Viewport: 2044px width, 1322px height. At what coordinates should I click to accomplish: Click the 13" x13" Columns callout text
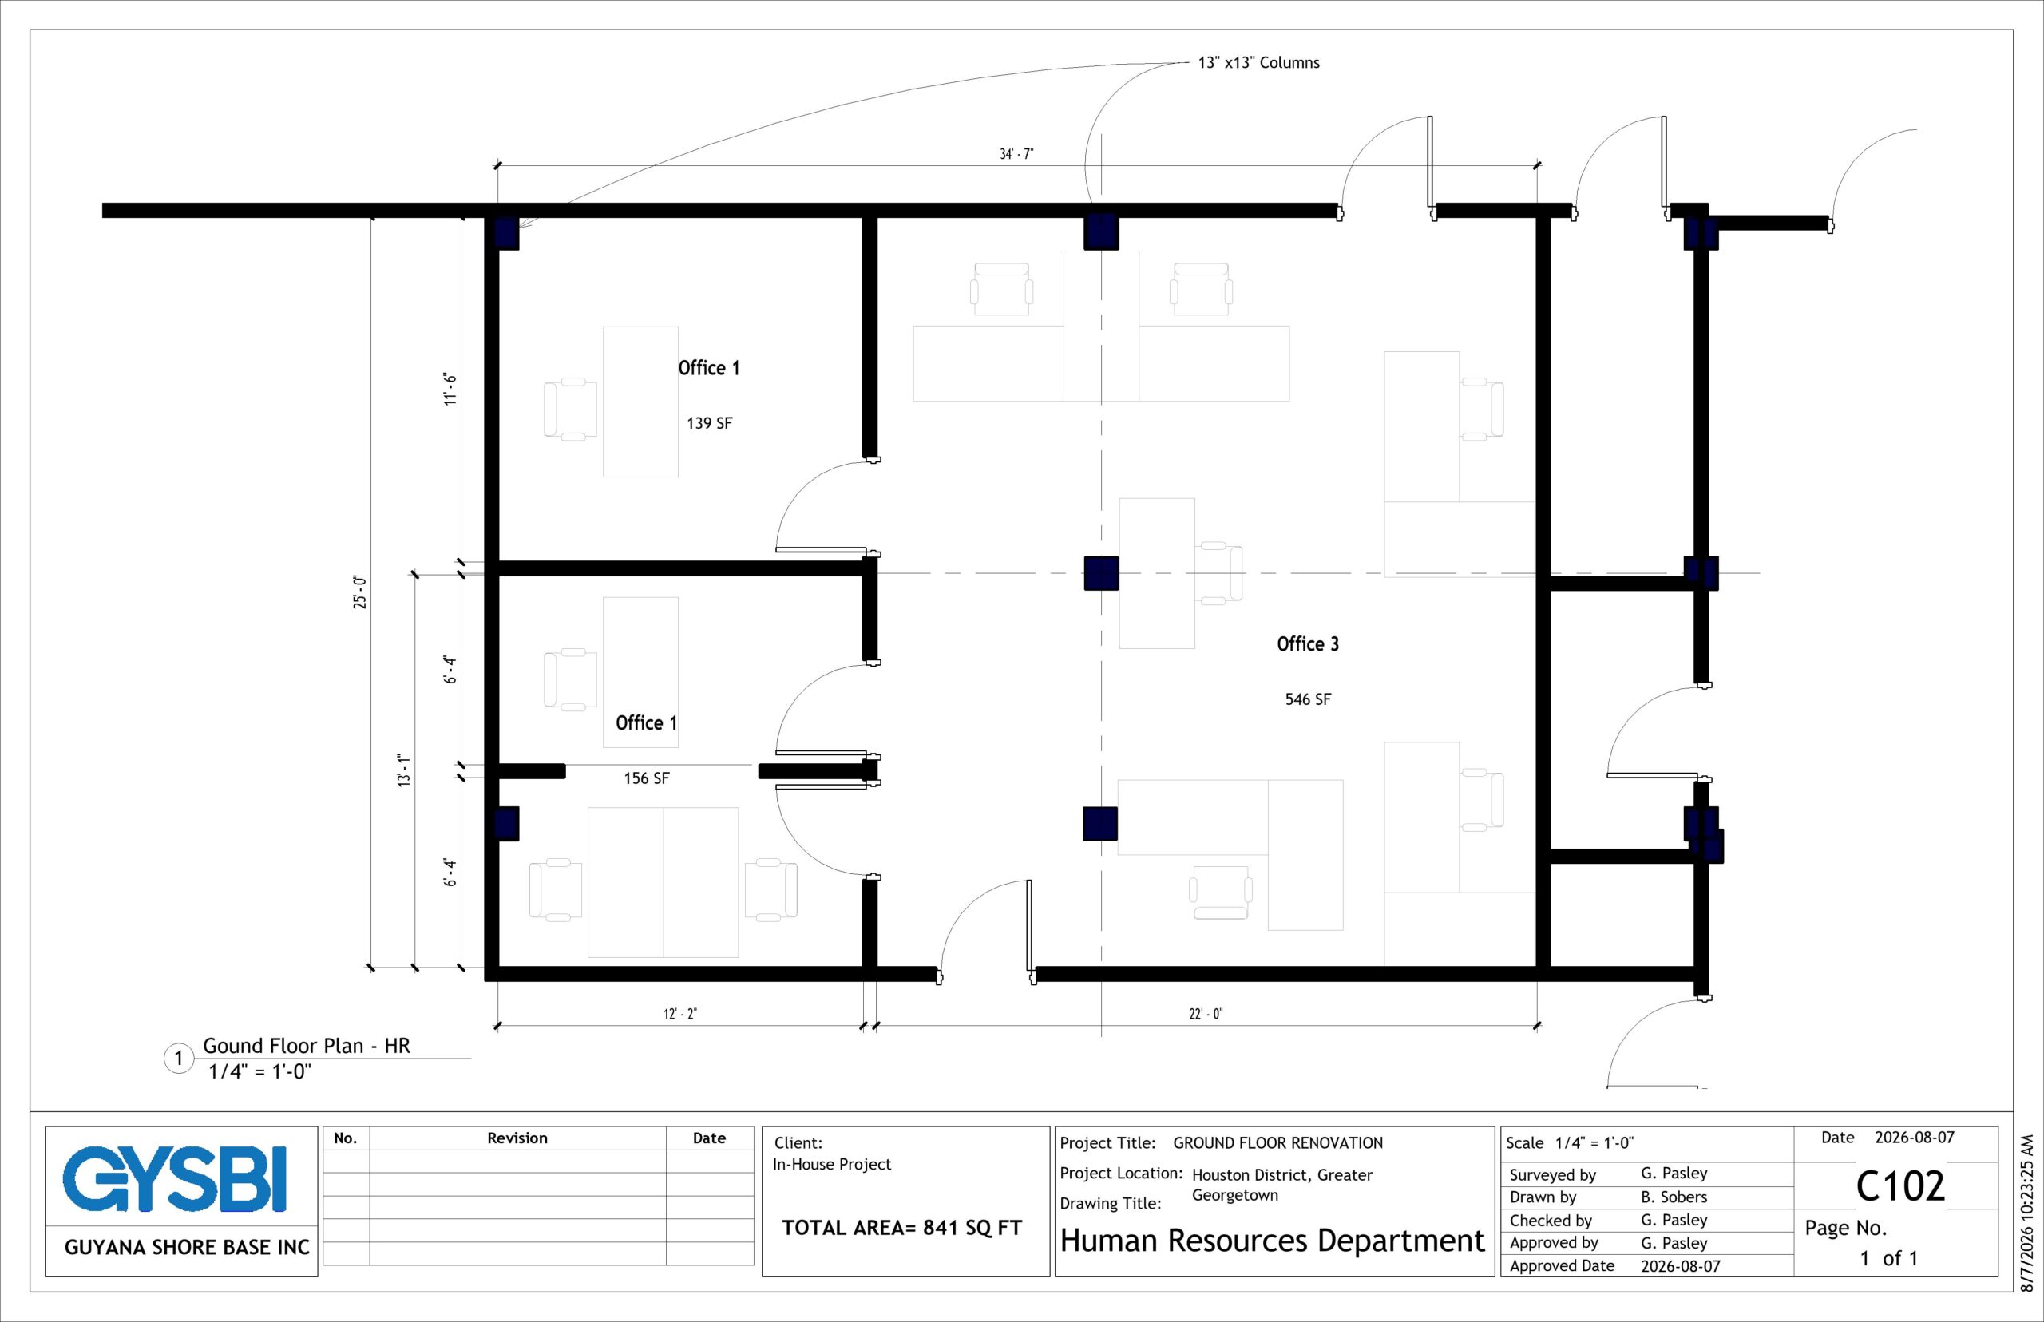click(1258, 62)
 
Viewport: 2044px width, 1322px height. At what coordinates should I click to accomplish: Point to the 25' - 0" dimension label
click(359, 592)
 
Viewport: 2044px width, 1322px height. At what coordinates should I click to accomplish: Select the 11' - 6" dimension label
click(450, 389)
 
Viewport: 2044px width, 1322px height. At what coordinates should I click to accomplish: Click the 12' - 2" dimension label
click(680, 1014)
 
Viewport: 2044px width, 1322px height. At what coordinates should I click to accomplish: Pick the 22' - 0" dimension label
click(1206, 1014)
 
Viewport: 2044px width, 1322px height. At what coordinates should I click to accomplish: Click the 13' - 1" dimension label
click(404, 770)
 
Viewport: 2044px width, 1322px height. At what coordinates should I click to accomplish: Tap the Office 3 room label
click(1307, 643)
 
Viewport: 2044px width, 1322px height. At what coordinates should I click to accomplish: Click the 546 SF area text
click(1307, 699)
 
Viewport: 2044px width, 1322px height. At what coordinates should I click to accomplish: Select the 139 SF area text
click(709, 423)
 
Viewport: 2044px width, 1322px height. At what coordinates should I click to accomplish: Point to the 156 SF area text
click(647, 778)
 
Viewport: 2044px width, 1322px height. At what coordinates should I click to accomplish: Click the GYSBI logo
click(174, 1178)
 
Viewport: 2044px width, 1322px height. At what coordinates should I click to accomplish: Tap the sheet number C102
click(1899, 1186)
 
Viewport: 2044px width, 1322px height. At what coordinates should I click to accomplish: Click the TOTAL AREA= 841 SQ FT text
click(901, 1228)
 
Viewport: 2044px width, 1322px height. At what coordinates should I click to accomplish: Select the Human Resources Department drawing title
click(1272, 1241)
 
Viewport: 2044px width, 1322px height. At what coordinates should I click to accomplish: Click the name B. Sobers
click(1674, 1197)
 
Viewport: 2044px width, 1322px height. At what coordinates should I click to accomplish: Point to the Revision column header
click(517, 1138)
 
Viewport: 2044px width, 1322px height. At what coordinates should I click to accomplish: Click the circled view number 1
click(179, 1058)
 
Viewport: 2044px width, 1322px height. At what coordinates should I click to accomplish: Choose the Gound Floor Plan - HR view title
click(307, 1046)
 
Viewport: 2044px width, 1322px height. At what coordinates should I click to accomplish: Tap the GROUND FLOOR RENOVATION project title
click(1277, 1142)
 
